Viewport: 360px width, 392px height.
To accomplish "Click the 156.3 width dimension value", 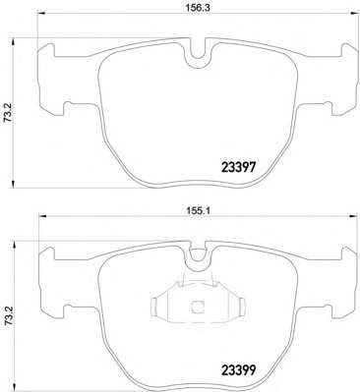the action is (198, 8).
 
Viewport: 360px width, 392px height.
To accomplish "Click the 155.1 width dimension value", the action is (198, 211).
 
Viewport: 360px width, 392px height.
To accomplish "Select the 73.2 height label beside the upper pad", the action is (8, 113).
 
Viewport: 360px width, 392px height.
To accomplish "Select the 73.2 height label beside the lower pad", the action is (8, 316).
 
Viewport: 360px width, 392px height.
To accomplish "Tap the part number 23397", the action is (238, 168).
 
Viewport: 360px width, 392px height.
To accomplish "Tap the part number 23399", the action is (238, 370).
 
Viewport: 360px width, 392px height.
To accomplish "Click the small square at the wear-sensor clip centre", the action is (197, 307).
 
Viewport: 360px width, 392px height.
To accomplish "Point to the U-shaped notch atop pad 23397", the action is (198, 53).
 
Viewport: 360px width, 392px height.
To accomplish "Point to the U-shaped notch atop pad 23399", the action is (198, 256).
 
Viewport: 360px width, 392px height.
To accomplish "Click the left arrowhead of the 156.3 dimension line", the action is (41, 14).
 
